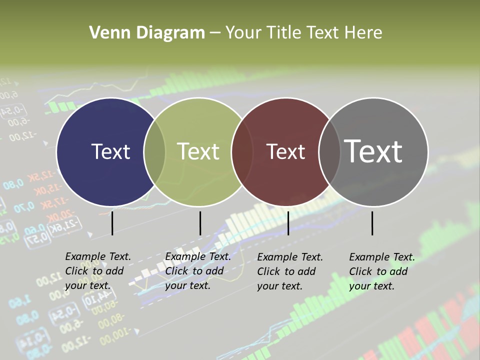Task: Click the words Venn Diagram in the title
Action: [x=147, y=33]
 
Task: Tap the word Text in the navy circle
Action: [x=110, y=151]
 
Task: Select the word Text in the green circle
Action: [x=198, y=151]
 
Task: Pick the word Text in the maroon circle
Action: [x=285, y=151]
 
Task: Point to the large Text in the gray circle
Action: [x=373, y=151]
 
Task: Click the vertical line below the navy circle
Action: [x=112, y=223]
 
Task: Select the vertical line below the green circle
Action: [x=200, y=223]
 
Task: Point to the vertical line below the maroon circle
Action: [x=288, y=223]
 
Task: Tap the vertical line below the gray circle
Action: [x=372, y=223]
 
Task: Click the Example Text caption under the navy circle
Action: [x=97, y=271]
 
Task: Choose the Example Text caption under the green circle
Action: [x=197, y=271]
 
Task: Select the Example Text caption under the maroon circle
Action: [x=289, y=271]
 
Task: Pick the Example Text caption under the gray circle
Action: [x=381, y=271]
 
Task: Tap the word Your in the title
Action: [x=243, y=33]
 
